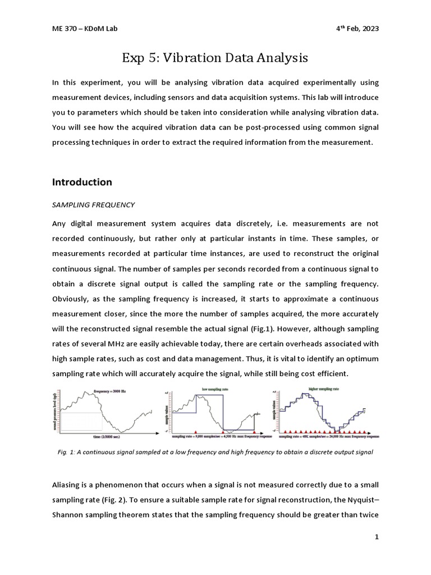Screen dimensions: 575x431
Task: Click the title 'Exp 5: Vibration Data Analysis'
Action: (215, 58)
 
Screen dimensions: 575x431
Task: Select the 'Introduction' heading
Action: (82, 182)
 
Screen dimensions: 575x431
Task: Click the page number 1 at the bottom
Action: (377, 537)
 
